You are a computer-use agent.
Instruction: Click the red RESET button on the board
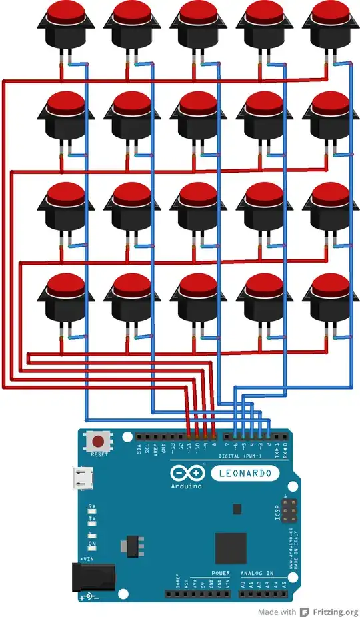point(99,442)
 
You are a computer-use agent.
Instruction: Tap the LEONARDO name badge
point(241,473)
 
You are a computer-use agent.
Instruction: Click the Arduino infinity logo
point(184,473)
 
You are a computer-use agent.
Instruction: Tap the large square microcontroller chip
point(231,548)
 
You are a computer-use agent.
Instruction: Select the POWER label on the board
point(221,573)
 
